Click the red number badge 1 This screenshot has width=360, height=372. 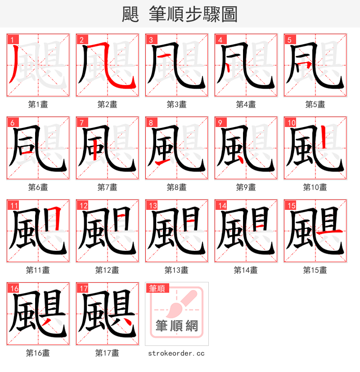coord(11,40)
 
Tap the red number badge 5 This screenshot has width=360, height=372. coord(288,40)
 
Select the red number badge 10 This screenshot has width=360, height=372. coord(290,123)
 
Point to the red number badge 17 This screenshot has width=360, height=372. coord(82,289)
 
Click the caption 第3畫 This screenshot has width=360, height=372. coord(176,104)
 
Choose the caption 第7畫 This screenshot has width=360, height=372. coord(107,187)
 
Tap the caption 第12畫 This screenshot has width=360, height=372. coord(107,270)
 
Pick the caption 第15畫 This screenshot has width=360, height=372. coord(315,270)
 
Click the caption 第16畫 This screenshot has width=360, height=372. coord(38,353)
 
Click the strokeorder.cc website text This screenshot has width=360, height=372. coord(176,354)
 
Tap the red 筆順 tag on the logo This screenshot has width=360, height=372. coord(157,289)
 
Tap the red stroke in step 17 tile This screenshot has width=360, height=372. coord(127,322)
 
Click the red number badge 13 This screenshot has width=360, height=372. coord(152,206)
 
